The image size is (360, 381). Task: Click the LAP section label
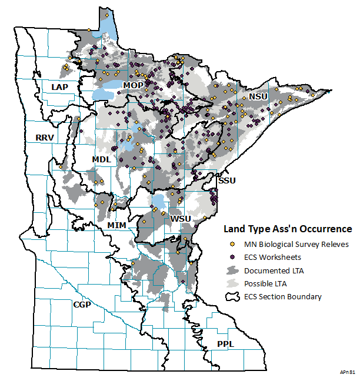(59, 87)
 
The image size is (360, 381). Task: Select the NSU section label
(258, 96)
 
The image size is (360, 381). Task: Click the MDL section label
(101, 160)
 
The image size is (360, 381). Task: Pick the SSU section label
(226, 181)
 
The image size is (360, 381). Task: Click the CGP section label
(82, 305)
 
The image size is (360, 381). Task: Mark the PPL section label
(225, 343)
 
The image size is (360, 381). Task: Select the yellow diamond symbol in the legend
(232, 244)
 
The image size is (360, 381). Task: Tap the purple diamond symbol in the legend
(232, 257)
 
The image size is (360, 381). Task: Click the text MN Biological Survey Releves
(296, 244)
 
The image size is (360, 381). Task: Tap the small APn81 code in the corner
(347, 372)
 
